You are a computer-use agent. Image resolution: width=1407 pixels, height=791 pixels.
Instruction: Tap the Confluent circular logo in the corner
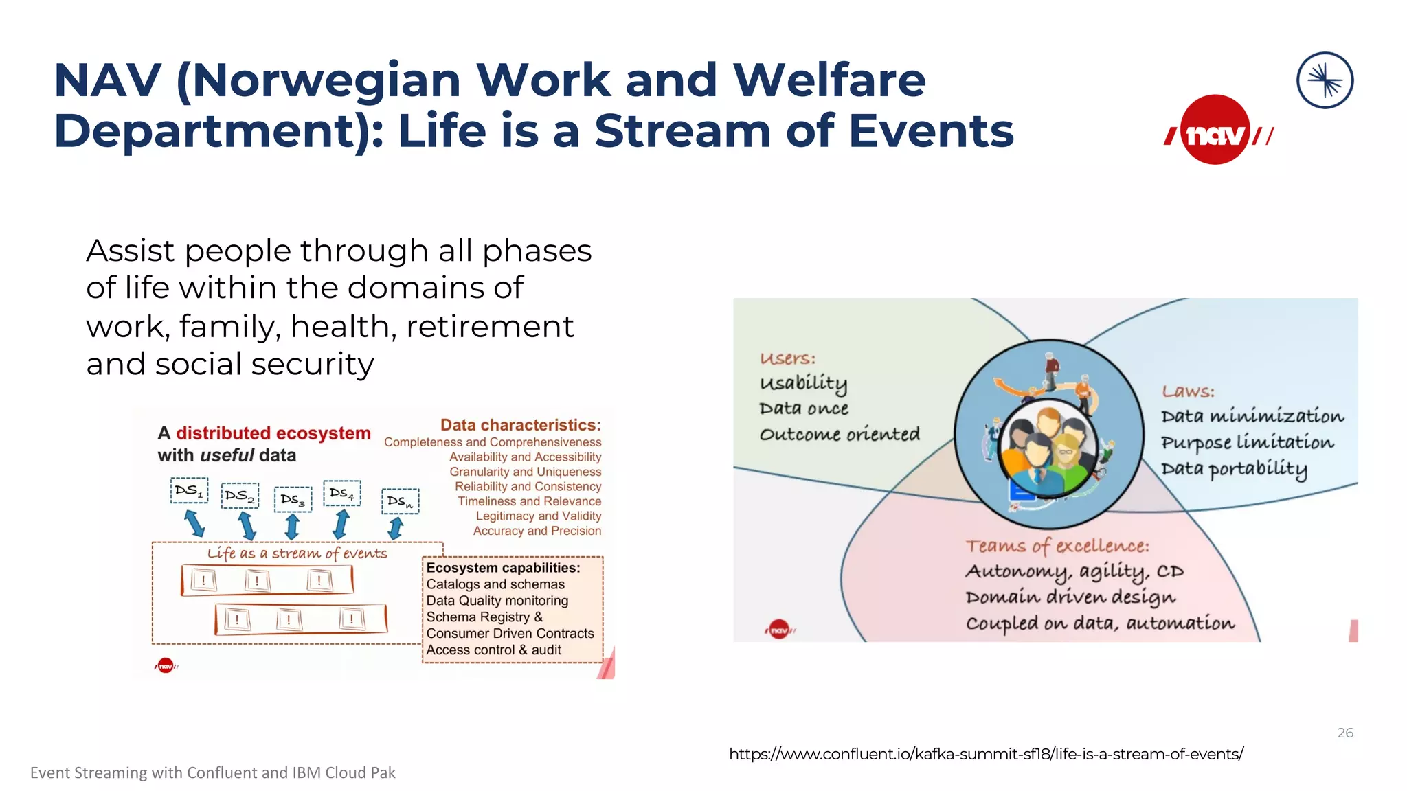pos(1325,80)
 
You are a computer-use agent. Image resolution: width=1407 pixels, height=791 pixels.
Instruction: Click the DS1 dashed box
pos(189,491)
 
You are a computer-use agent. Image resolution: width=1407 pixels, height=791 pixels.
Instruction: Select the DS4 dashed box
pos(341,493)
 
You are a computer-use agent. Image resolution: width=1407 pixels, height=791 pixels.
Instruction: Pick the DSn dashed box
pos(400,501)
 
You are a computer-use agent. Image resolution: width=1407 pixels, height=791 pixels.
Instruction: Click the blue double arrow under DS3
pos(292,527)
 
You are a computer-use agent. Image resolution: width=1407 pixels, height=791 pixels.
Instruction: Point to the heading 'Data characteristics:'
pos(520,425)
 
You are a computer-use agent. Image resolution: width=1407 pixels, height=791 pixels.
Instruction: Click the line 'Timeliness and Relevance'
pos(529,501)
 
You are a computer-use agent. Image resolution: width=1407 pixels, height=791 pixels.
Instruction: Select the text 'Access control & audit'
pos(493,650)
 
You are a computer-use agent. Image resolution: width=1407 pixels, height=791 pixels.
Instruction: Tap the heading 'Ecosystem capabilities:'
pos(503,568)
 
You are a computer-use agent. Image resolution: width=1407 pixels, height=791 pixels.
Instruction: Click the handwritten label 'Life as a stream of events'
pos(297,553)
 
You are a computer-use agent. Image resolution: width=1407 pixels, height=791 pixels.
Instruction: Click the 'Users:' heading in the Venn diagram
pos(787,358)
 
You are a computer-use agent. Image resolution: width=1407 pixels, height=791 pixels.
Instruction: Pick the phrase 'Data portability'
pos(1234,469)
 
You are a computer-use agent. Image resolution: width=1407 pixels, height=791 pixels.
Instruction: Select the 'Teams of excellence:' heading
pos(1057,546)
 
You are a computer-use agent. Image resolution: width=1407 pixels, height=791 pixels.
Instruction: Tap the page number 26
pos(1344,733)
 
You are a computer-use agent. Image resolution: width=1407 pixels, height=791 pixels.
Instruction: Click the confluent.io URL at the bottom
pos(986,754)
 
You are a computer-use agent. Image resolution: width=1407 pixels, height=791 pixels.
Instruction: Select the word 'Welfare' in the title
pos(829,80)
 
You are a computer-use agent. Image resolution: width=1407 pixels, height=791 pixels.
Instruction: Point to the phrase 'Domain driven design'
pos(1070,597)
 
